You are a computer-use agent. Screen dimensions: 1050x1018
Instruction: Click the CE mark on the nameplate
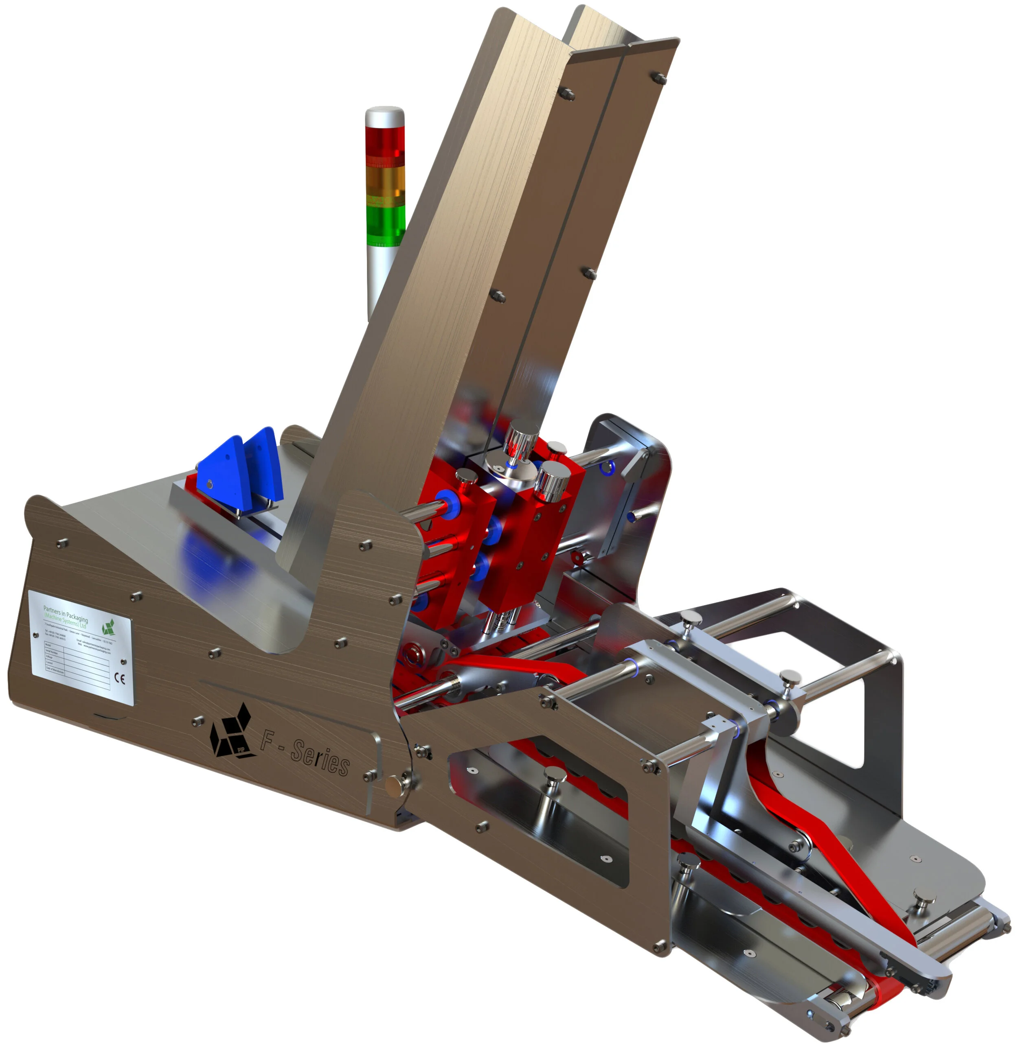pyautogui.click(x=120, y=679)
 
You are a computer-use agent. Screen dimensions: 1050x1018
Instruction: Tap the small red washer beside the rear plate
pyautogui.click(x=577, y=559)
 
